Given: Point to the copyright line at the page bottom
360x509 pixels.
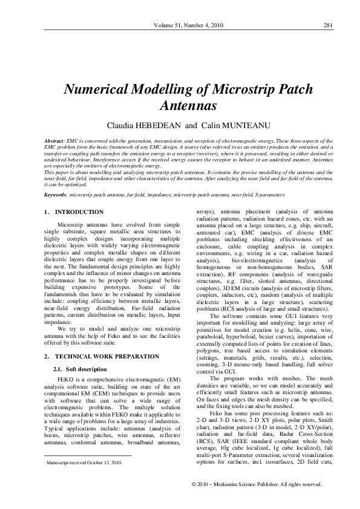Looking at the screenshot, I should coord(257,485).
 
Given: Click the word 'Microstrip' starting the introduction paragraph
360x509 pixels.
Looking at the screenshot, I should coord(71,224).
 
